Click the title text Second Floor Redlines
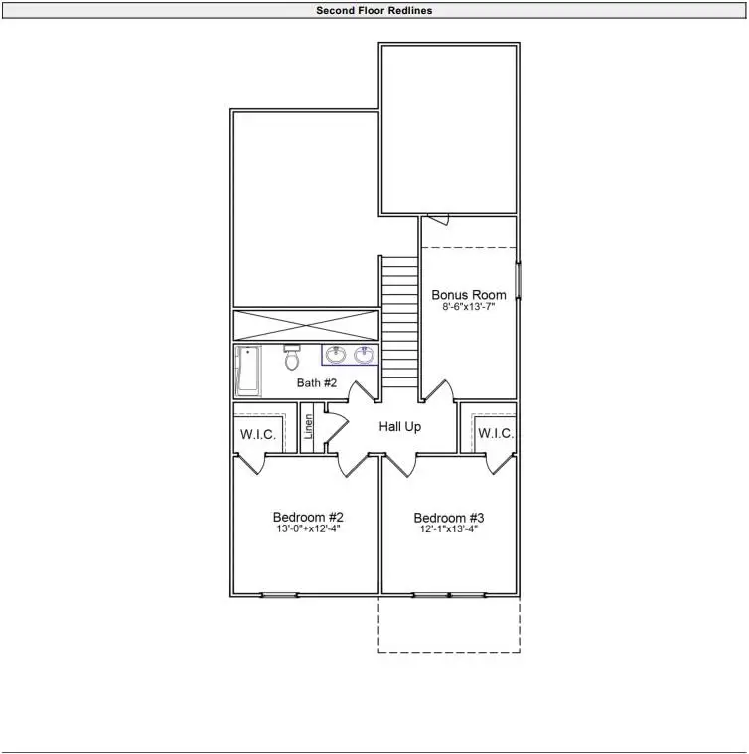374,11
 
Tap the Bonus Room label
468,295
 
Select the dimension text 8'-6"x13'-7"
468,308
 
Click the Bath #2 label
317,382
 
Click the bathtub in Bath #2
246,371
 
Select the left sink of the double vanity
337,355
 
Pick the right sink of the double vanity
365,355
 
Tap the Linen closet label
308,427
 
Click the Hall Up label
400,426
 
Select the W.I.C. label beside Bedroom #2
257,434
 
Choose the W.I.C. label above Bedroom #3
495,434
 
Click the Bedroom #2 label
308,518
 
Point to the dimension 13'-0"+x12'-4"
308,529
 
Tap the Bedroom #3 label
449,518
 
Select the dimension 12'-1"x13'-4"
449,529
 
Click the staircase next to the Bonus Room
399,323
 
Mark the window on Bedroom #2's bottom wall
279,595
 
